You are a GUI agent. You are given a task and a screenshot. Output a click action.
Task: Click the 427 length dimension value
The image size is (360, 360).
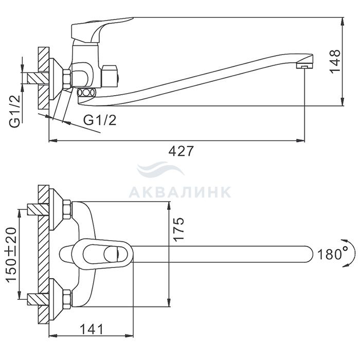tap(181, 151)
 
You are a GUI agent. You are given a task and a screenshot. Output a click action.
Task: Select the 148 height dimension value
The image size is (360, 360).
tap(335, 61)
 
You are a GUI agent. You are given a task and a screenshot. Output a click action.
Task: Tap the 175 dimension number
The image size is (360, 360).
tap(178, 229)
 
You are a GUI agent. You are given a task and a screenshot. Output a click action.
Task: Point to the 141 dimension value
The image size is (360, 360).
tap(92, 330)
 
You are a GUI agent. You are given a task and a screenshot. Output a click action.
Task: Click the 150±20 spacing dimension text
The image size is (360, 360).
tap(12, 255)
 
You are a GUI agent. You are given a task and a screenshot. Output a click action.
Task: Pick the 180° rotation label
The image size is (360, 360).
tap(333, 255)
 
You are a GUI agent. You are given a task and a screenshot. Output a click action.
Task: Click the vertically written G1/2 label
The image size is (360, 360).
tap(15, 112)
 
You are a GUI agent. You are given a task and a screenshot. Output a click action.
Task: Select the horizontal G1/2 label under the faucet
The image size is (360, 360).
tap(100, 120)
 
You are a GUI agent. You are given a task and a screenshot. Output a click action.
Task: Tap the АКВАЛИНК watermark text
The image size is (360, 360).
tap(180, 192)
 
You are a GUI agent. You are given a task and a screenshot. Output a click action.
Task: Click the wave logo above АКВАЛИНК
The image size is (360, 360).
tap(160, 169)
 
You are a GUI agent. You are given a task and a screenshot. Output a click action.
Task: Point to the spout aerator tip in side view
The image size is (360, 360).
tap(304, 62)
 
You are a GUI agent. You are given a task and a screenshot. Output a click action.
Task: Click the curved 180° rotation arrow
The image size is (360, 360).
tap(349, 253)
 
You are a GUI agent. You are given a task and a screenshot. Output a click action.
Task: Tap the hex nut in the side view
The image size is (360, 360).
tap(67, 79)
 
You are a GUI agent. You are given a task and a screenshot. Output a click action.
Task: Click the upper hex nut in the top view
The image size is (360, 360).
tap(67, 209)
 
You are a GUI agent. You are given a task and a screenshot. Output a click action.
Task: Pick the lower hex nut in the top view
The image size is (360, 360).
tap(67, 299)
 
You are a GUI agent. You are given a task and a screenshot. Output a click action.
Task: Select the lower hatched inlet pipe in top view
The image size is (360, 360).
tap(38, 299)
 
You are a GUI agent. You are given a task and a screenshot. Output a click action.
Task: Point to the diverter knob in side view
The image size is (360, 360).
tap(110, 77)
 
